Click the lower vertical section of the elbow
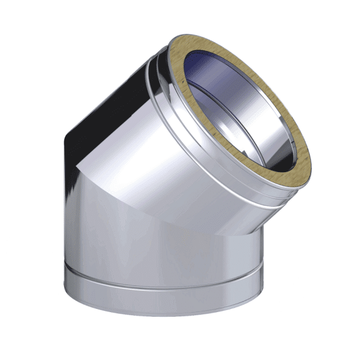(x=162, y=234)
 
